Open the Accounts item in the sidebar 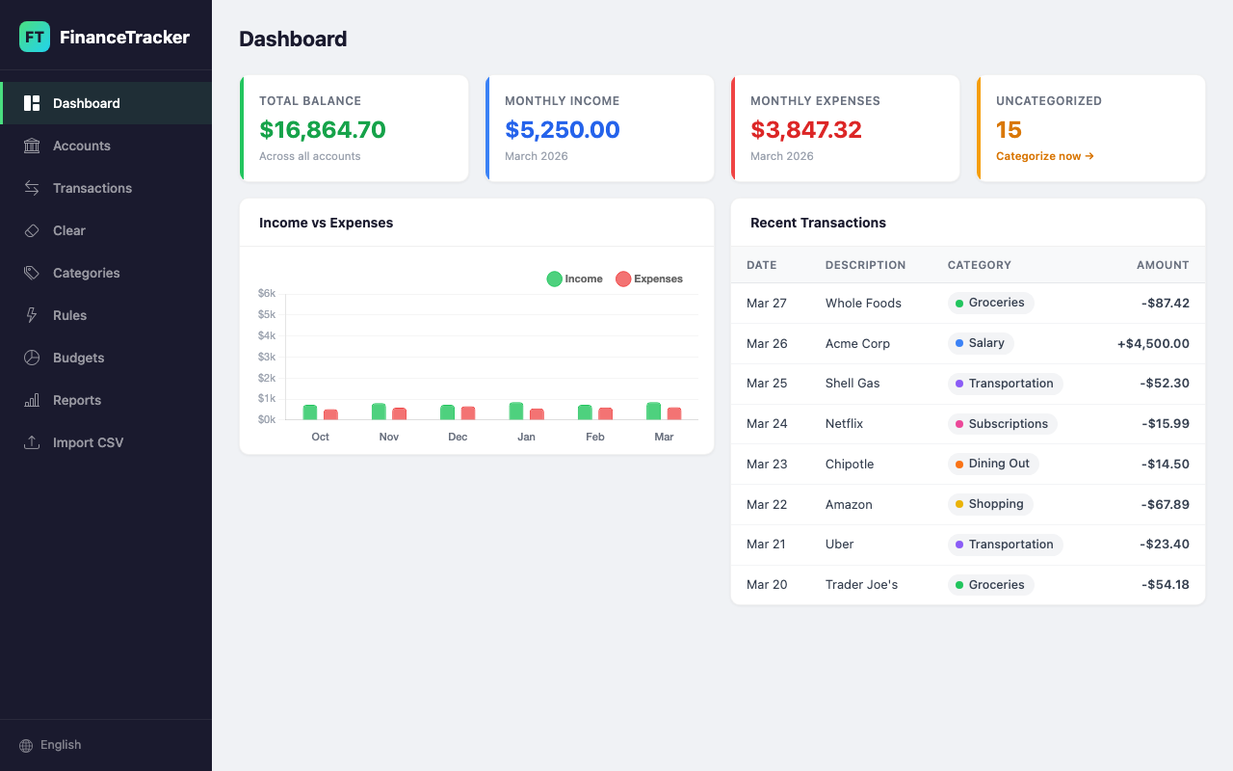coord(81,146)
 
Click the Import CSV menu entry coord(88,442)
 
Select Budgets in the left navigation coord(78,358)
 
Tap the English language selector coord(60,745)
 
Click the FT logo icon coord(35,38)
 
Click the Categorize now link coord(1044,156)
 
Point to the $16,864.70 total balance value coord(322,130)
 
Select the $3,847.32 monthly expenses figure coord(805,130)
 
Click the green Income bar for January coord(516,411)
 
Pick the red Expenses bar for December coord(468,412)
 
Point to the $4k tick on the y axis coord(267,335)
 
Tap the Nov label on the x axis coord(389,437)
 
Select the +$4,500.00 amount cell coord(1153,343)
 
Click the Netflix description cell coord(844,423)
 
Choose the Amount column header coord(1162,265)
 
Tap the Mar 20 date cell coord(766,584)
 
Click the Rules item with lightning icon coord(69,315)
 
